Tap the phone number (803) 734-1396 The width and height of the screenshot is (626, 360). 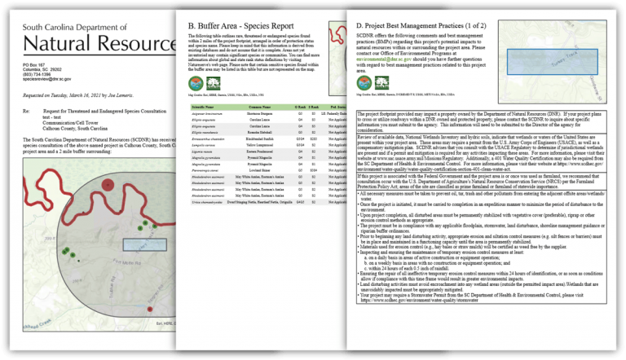(x=38, y=75)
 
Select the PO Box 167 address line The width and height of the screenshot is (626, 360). (x=34, y=64)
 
